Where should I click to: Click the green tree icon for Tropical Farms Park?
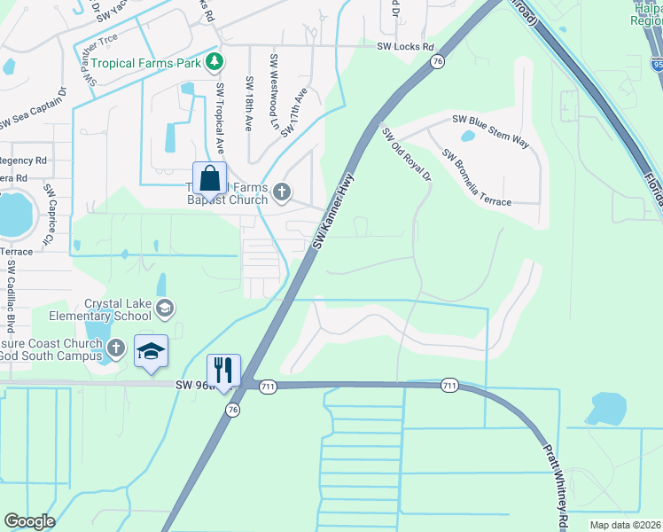pos(213,62)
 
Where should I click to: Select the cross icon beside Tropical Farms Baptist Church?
pos(282,192)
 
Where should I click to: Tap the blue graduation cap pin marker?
pos(151,351)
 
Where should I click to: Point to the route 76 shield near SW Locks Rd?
pos(438,60)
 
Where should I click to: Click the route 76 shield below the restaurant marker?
pos(232,411)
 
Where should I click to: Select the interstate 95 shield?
pos(656,64)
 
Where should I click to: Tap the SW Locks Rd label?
pos(405,47)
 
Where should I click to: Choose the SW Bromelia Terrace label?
pos(476,177)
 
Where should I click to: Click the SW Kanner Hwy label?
pos(332,210)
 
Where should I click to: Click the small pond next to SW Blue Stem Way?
pos(467,137)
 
